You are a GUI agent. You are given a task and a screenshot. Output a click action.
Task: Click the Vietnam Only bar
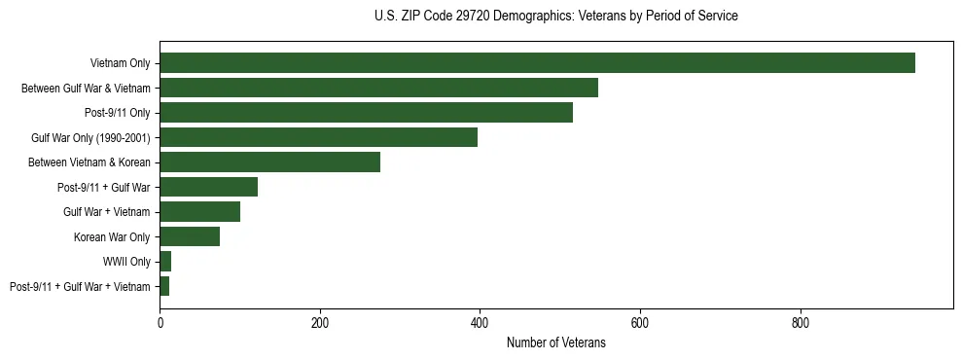coord(537,63)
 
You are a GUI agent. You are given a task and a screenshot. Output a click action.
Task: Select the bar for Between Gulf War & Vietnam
coord(378,88)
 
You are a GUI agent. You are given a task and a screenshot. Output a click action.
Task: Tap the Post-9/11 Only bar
coord(366,113)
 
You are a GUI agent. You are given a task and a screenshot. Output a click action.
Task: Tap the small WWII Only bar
coord(165,262)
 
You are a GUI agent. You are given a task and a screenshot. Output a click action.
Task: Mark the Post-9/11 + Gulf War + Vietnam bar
coord(164,286)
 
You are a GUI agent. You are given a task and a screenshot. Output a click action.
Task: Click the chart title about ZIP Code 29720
coord(555,17)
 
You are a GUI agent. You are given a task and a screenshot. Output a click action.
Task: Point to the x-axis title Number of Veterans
coord(555,342)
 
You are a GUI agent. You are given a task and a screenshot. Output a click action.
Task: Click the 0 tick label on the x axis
coord(160,321)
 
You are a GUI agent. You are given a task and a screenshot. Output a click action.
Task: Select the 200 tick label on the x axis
coord(320,321)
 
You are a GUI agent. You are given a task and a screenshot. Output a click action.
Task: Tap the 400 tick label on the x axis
coord(480,321)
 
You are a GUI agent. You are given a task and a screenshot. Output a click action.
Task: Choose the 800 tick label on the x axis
coord(800,321)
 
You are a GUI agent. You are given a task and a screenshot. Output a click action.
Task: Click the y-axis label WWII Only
coord(126,262)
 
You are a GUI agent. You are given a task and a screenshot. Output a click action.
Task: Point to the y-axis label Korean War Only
coord(112,236)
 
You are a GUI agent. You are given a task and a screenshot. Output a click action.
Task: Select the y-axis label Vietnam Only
coord(120,63)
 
